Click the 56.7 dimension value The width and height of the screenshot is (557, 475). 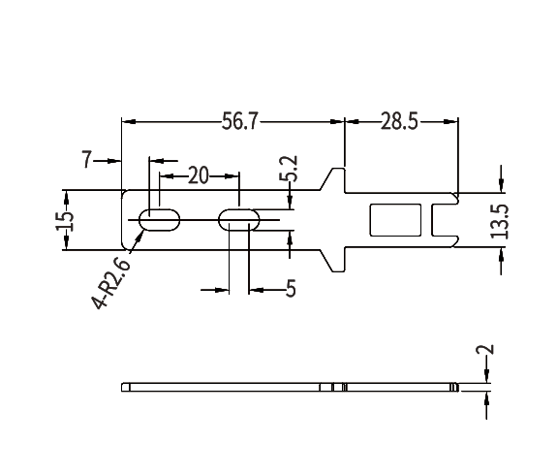pyautogui.click(x=240, y=121)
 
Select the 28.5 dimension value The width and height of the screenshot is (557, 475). pyautogui.click(x=398, y=121)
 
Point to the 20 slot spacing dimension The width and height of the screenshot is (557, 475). pyautogui.click(x=198, y=175)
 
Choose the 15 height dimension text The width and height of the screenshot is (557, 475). pyautogui.click(x=65, y=219)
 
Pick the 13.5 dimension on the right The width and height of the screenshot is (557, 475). pyautogui.click(x=499, y=221)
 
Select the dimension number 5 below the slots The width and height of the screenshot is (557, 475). pyautogui.click(x=290, y=288)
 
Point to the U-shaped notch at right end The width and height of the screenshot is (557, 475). pyautogui.click(x=447, y=220)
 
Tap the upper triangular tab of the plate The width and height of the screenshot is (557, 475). pyautogui.click(x=336, y=179)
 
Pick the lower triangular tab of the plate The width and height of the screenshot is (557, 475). pyautogui.click(x=336, y=259)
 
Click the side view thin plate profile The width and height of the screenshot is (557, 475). pyautogui.click(x=291, y=388)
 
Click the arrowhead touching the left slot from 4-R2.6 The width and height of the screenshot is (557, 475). pyautogui.click(x=141, y=230)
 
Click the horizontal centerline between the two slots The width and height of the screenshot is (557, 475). pyautogui.click(x=199, y=220)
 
